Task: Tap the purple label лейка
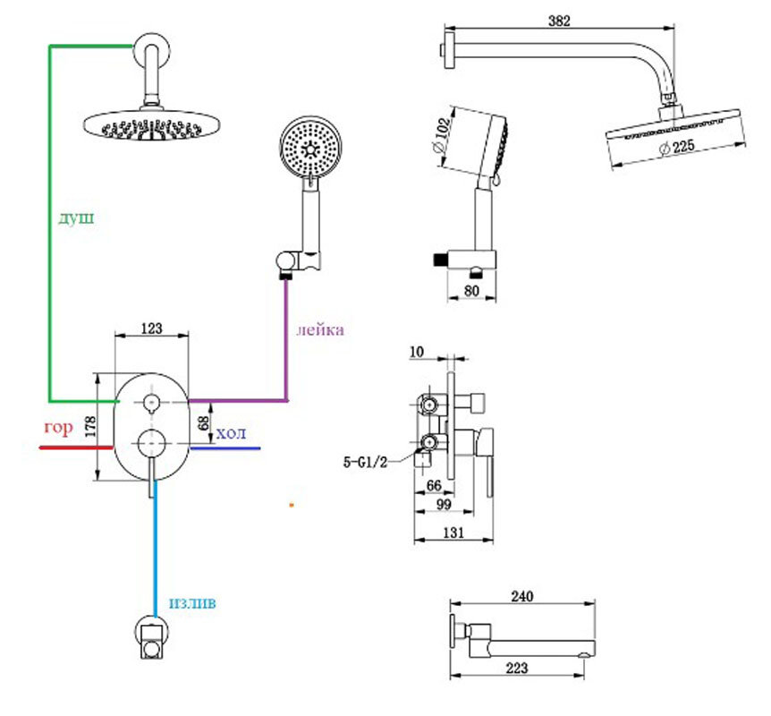coord(320,329)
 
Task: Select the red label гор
coord(57,428)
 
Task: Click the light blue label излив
coord(191,603)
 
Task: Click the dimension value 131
coord(455,532)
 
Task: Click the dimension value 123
coord(151,328)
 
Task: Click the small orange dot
coord(291,505)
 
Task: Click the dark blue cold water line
coord(224,447)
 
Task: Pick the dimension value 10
coord(415,352)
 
